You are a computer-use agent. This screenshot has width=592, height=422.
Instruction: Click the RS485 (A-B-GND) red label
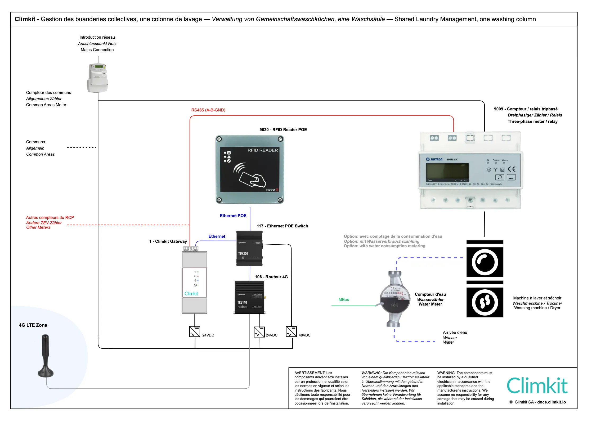(x=208, y=110)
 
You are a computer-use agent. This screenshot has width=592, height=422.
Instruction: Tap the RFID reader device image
(x=250, y=169)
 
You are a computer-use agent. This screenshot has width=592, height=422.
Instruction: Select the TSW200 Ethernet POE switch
(x=249, y=248)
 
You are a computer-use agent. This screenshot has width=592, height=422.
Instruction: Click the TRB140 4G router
(x=249, y=297)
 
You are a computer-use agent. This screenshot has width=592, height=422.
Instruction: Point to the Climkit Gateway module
(x=194, y=282)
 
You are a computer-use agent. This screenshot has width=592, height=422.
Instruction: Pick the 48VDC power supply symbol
(x=291, y=332)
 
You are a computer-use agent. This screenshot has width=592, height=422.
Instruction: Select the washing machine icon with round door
(x=485, y=262)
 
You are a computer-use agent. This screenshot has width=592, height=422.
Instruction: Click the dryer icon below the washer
(x=485, y=302)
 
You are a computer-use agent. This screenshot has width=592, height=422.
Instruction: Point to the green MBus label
(x=344, y=300)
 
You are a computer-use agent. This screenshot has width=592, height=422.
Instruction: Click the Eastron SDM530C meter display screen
(x=447, y=172)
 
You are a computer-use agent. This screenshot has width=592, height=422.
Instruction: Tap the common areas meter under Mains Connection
(x=97, y=78)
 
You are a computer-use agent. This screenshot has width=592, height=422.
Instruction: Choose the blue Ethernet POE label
(x=233, y=216)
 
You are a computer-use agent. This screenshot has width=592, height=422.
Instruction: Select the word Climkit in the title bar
(x=25, y=19)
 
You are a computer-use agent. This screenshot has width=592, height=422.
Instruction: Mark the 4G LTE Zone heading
(x=33, y=325)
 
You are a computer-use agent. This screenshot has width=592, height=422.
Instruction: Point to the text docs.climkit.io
(x=551, y=402)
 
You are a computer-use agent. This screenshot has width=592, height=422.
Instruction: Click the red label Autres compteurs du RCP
(x=50, y=218)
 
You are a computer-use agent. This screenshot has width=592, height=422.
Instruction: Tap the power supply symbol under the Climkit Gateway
(x=195, y=332)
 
